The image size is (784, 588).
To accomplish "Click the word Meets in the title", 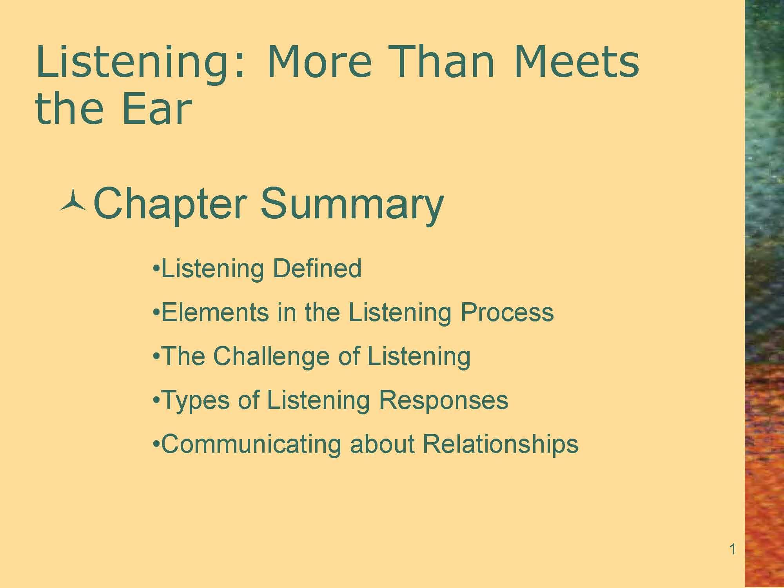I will pos(576,62).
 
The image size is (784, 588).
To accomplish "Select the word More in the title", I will pos(319,62).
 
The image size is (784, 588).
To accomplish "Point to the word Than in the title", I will pos(443,62).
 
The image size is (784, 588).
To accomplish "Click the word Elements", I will pos(215,312).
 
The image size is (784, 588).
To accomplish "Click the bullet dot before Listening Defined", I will pos(156,269).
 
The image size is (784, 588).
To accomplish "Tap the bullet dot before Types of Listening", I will pos(156,401).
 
